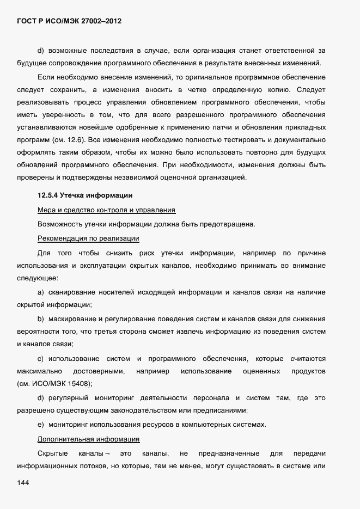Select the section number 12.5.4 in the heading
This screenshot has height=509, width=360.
(48, 195)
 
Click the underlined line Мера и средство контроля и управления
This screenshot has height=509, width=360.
(106, 210)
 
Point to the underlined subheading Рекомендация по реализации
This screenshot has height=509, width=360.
(88, 238)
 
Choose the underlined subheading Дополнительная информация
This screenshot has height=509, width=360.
(89, 439)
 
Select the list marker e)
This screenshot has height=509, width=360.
(40, 424)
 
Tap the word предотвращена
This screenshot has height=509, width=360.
(224, 224)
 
